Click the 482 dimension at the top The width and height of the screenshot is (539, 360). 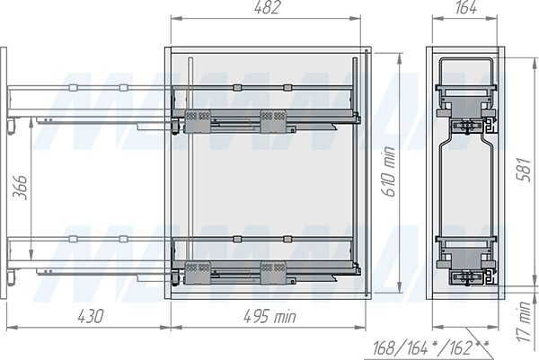point(268,7)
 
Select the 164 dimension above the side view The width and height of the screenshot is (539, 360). point(465,7)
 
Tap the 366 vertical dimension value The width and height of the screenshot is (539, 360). point(20,188)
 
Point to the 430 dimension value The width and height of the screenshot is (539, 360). point(90,316)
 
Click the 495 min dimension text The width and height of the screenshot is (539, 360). point(269,316)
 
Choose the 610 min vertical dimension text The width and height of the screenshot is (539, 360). point(390,171)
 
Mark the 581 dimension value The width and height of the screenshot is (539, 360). point(525,170)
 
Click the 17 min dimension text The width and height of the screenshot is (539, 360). point(525,321)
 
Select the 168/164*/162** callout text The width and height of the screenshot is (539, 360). point(430,348)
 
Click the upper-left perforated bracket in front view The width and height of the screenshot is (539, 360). point(198,121)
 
